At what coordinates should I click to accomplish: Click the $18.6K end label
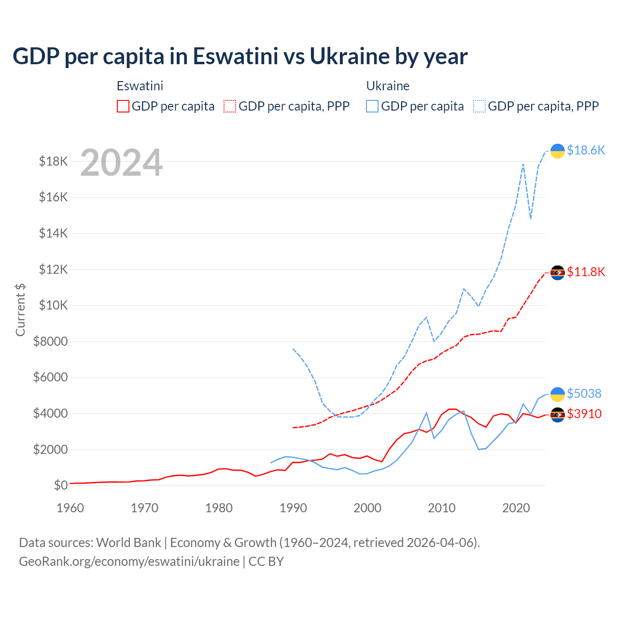coord(586,150)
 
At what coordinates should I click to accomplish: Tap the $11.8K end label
coord(586,272)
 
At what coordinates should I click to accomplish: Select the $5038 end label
coord(584,393)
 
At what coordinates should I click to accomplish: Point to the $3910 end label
coord(584,414)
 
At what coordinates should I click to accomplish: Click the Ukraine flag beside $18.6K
coord(558,151)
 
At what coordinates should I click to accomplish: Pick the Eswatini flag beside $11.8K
coord(558,273)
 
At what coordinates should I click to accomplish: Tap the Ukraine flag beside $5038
coord(558,394)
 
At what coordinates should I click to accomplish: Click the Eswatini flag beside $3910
coord(558,415)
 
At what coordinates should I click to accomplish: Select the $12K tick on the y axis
coord(54,269)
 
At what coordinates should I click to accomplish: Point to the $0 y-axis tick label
coord(60,485)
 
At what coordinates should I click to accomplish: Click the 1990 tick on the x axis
coord(293,508)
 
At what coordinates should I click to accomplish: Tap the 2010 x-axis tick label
coord(442,508)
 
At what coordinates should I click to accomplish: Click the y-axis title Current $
coord(20,309)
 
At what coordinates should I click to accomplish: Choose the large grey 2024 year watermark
coord(121,163)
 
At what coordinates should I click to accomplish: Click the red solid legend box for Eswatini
coord(123,106)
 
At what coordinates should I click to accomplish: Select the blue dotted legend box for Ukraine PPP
coord(479,106)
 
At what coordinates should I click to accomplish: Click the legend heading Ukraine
coord(388,86)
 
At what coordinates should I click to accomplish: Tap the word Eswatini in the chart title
coord(236,56)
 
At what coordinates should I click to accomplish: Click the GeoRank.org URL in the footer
coord(129,562)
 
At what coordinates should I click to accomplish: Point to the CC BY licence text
coord(266,562)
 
